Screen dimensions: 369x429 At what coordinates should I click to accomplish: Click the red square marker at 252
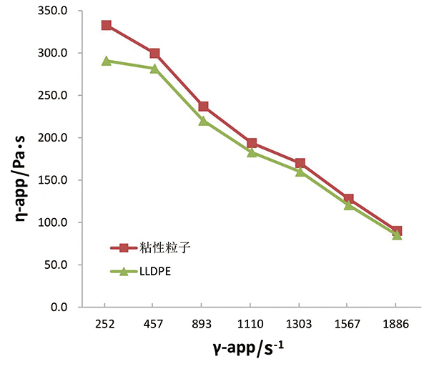click(x=107, y=25)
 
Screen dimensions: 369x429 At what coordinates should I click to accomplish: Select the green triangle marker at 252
click(x=107, y=61)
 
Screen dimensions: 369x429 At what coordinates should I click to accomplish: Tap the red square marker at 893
click(x=203, y=107)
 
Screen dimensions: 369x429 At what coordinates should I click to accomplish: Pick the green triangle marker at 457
click(x=154, y=68)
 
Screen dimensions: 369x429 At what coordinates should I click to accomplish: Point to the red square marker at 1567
click(x=348, y=199)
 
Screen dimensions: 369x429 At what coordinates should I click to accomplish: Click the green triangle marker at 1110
click(x=252, y=152)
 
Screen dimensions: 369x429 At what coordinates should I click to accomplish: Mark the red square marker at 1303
click(x=300, y=164)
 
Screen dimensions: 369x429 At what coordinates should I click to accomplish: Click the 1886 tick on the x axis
click(x=396, y=323)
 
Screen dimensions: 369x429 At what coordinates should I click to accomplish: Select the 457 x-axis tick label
click(x=154, y=323)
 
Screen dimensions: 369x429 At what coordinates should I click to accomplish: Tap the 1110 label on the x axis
click(x=252, y=323)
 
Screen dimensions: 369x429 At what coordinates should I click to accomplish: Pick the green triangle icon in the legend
click(x=124, y=271)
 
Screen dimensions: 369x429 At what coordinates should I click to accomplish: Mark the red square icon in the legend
click(x=124, y=248)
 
